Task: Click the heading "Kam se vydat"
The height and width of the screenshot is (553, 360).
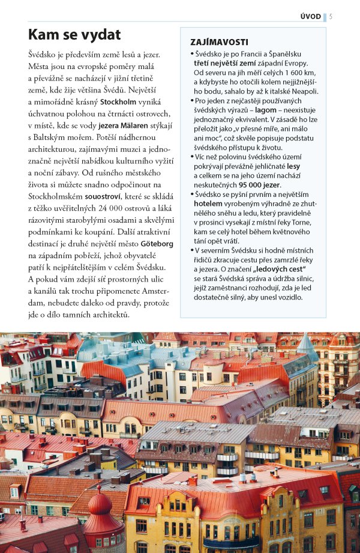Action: click(x=74, y=34)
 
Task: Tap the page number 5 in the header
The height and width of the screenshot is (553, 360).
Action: click(x=331, y=16)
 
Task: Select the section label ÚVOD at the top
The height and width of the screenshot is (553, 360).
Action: click(x=311, y=16)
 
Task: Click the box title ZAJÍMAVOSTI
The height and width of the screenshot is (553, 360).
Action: click(x=219, y=43)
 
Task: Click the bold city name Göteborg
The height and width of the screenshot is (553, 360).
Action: click(x=157, y=245)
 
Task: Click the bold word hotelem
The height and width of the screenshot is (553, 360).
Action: click(x=208, y=204)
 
